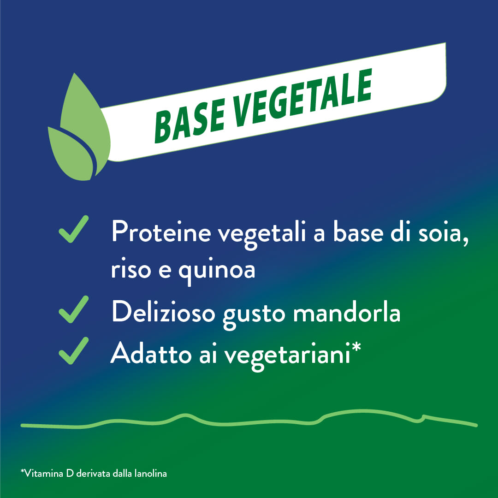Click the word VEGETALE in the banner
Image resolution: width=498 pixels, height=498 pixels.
pyautogui.click(x=300, y=99)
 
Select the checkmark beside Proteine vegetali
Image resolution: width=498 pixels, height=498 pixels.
pyautogui.click(x=74, y=229)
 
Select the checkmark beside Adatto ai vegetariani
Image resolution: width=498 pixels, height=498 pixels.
pyautogui.click(x=74, y=350)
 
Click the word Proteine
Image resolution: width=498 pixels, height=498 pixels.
pyautogui.click(x=161, y=233)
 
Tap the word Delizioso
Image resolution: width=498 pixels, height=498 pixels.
pyautogui.click(x=163, y=312)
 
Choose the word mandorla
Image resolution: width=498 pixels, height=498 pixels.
pyautogui.click(x=346, y=312)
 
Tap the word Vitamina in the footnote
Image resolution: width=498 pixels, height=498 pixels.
pyautogui.click(x=43, y=474)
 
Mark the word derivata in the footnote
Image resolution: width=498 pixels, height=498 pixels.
pyautogui.click(x=93, y=474)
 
